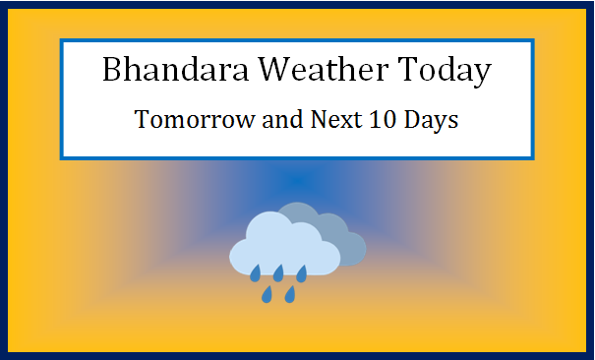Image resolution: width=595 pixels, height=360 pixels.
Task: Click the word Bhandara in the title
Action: click(x=163, y=72)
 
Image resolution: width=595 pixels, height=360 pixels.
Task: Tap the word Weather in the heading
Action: click(x=310, y=72)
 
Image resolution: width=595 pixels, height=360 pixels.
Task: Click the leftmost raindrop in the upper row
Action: click(x=256, y=271)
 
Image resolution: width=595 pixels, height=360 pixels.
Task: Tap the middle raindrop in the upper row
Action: click(x=279, y=271)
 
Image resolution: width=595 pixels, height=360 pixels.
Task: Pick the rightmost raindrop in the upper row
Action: click(x=303, y=271)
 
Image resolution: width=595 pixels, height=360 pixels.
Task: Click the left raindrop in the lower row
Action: click(x=267, y=293)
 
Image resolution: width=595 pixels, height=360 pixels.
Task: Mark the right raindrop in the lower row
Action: click(x=290, y=293)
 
